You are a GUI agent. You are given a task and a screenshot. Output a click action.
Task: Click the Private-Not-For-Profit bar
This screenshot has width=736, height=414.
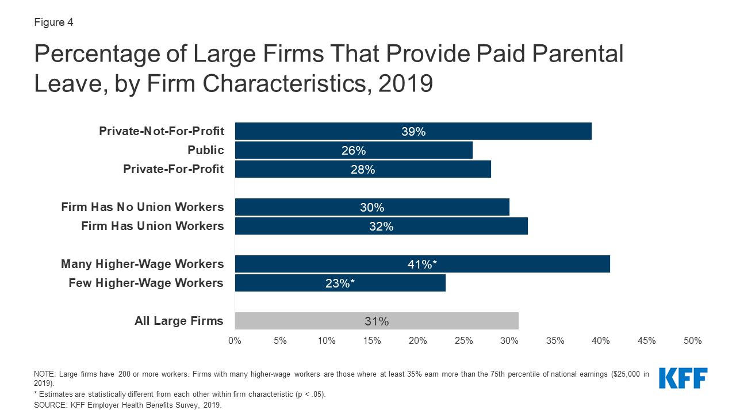[x=413, y=131]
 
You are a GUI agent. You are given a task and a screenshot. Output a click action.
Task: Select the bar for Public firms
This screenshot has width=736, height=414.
[x=354, y=150]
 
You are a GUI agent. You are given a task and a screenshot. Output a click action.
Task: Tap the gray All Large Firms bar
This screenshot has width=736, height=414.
[x=377, y=321]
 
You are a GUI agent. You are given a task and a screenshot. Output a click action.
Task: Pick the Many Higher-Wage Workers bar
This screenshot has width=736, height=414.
[x=422, y=264]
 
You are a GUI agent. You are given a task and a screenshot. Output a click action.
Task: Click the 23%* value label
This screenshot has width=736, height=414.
[x=340, y=283]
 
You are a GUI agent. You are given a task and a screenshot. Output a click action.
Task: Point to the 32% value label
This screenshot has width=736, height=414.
[x=381, y=226]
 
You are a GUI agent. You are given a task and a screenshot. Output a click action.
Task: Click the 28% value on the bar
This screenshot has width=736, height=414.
[x=363, y=169]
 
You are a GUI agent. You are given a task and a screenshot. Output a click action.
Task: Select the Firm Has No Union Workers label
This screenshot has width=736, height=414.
[x=143, y=207]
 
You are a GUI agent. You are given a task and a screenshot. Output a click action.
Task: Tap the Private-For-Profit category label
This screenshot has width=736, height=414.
[x=173, y=169]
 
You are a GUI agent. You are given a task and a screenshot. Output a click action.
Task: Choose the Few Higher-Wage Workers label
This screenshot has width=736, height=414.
[x=146, y=283]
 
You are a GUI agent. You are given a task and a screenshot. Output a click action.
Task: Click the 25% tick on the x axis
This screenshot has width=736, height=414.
[x=463, y=340]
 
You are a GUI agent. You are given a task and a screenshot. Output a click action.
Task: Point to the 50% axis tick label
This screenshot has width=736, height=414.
[x=692, y=340]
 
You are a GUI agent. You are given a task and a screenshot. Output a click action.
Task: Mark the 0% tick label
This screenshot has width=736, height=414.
[x=235, y=340]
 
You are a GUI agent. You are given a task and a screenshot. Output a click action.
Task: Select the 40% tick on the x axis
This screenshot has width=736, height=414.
[x=601, y=340]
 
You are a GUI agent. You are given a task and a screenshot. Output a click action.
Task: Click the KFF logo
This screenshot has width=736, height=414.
[x=683, y=378]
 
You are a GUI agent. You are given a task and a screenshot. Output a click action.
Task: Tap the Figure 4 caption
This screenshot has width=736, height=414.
[x=53, y=23]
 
